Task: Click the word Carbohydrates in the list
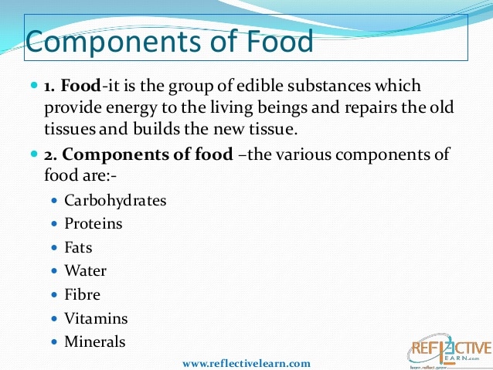115,200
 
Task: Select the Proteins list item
93,224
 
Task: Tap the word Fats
79,247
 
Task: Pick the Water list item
86,270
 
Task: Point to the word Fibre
83,294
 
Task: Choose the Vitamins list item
96,317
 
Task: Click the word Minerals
95,341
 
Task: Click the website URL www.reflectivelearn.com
246,362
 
